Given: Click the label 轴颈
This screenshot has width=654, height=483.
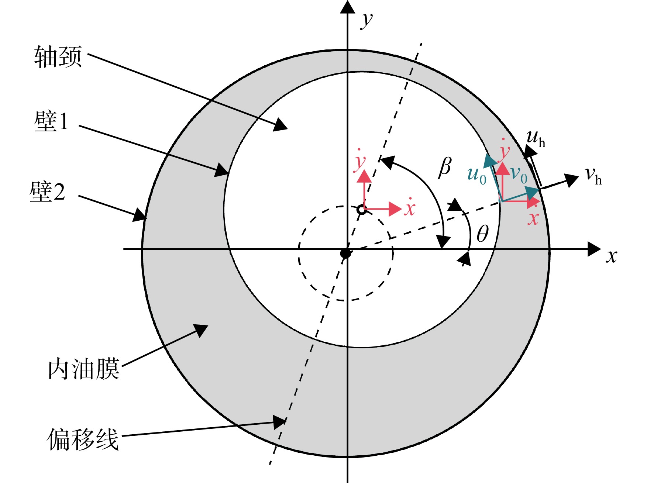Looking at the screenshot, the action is point(58,57).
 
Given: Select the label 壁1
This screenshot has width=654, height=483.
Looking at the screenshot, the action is point(51,121).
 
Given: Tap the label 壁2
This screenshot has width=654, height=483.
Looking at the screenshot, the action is point(47,192).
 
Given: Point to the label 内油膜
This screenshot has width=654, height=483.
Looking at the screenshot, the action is point(84,369).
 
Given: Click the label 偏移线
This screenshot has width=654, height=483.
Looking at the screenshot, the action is point(83,439).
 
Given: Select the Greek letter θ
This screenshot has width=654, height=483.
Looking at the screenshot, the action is point(482,234).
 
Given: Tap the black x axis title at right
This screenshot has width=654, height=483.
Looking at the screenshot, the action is point(612,256).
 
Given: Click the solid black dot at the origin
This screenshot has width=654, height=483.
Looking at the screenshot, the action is point(345,253).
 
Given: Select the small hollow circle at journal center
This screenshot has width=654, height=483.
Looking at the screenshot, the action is point(362,210).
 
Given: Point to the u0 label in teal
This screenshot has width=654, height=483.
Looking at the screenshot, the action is point(477,175).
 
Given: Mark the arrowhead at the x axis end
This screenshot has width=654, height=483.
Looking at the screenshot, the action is point(594,249).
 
